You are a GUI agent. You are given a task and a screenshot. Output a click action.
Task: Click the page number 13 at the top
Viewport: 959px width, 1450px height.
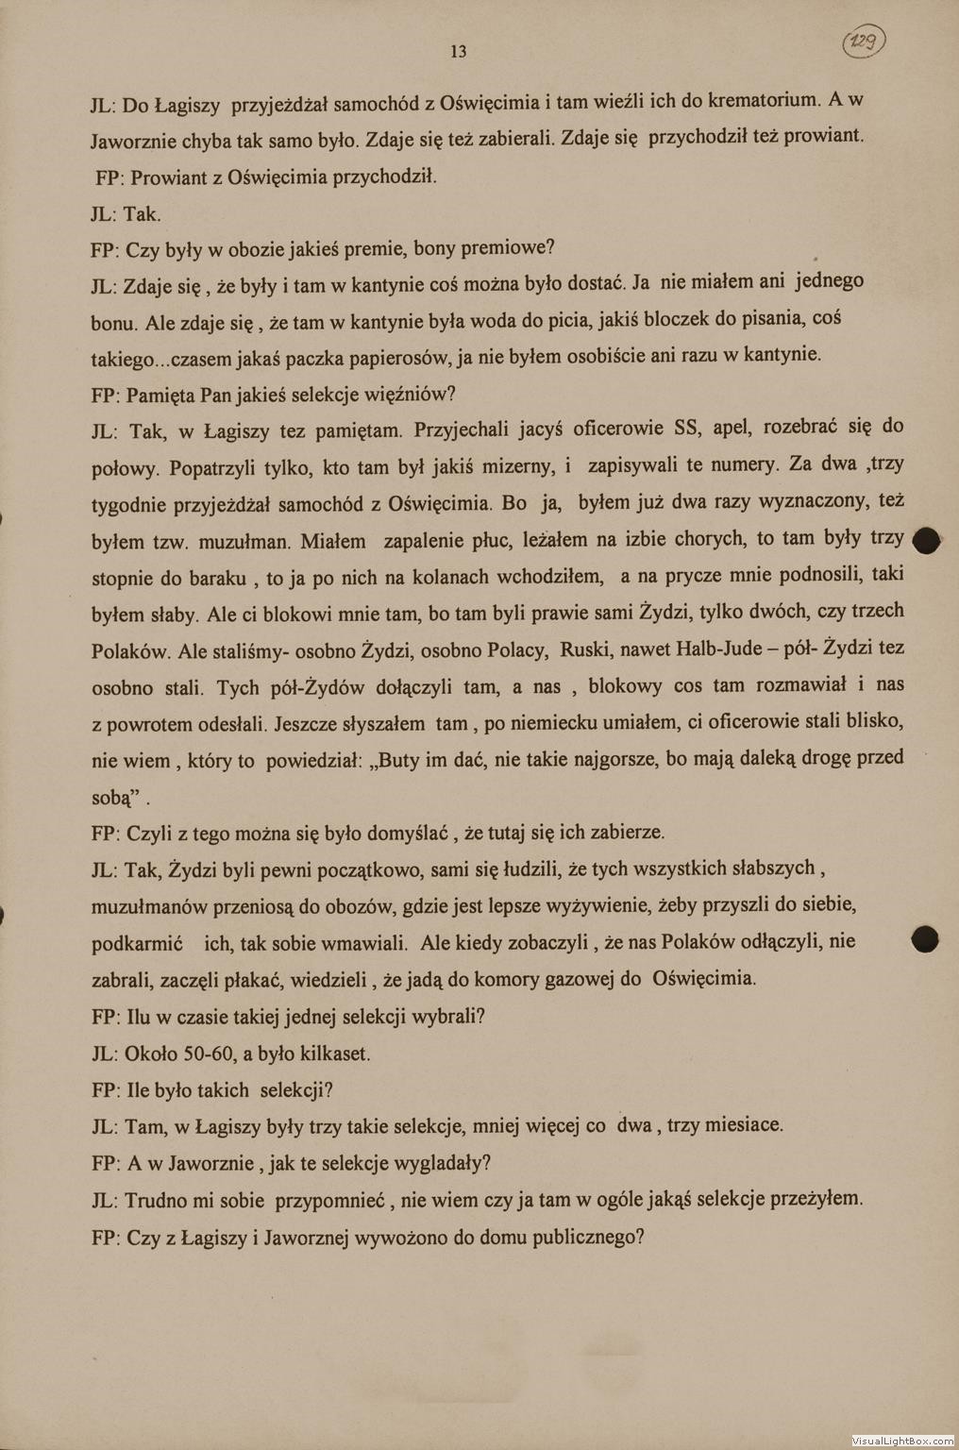click(459, 52)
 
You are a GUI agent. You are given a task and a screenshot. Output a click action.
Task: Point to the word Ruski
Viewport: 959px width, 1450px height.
click(588, 649)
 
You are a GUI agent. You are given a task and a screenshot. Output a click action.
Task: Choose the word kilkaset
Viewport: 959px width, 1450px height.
click(331, 1053)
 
